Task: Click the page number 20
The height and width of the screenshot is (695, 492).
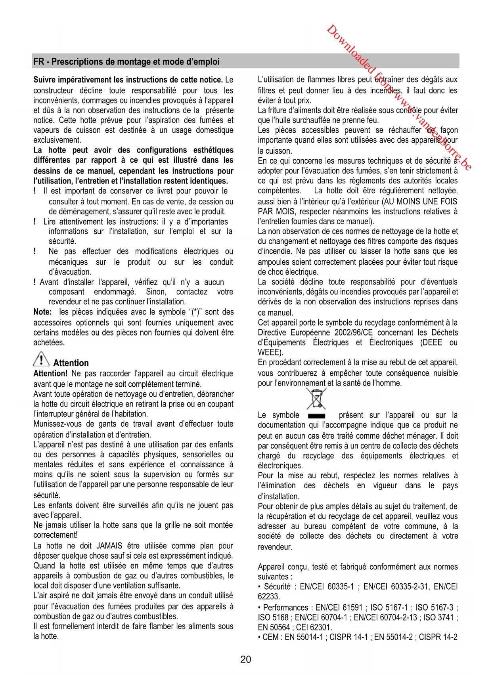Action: point(246,659)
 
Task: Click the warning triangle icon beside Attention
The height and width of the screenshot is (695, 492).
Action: point(41,359)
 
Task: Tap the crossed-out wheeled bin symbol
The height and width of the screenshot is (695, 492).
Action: point(316,398)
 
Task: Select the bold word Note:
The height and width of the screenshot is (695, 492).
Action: point(42,312)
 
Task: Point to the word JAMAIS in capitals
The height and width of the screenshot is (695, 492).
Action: point(110,546)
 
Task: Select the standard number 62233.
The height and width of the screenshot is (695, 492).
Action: point(269,596)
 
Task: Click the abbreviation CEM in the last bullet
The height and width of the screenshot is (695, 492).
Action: point(270,637)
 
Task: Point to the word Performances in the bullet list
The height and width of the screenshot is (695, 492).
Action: point(286,607)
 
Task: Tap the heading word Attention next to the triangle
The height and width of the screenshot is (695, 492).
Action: point(71,363)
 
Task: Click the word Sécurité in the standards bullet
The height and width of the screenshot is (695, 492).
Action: point(277,586)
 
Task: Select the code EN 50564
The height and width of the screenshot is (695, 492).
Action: point(274,627)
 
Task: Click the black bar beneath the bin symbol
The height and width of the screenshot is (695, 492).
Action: point(316,416)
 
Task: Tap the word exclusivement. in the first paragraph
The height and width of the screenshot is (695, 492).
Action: point(57,140)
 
